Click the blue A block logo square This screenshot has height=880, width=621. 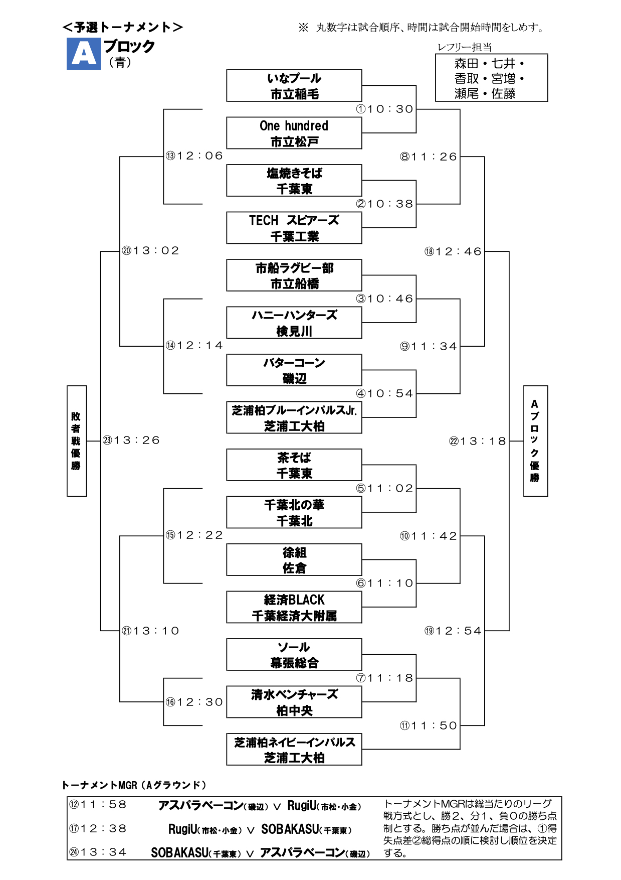[x=83, y=54]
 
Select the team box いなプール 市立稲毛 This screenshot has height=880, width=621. [x=294, y=86]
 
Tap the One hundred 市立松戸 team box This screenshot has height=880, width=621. [x=294, y=133]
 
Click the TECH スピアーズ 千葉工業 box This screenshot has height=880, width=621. [x=294, y=228]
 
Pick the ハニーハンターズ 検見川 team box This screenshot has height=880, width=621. [x=294, y=323]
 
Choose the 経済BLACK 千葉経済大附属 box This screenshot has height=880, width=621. [x=294, y=607]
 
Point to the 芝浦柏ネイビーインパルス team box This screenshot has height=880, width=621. [x=294, y=750]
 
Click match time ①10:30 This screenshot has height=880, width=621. [x=385, y=109]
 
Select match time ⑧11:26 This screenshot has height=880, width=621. [x=429, y=157]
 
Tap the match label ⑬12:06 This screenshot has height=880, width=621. [x=194, y=156]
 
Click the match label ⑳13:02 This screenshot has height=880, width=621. [x=150, y=251]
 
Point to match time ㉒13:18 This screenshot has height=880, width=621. [x=478, y=441]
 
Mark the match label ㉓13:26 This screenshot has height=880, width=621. [x=131, y=441]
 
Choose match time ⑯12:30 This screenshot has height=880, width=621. [x=194, y=702]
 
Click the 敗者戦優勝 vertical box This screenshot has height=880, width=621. [x=76, y=441]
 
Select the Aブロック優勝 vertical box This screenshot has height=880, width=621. [x=535, y=441]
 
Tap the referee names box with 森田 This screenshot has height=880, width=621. [x=491, y=78]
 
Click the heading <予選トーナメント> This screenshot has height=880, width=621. [x=123, y=27]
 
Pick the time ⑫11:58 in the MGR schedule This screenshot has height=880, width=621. [x=98, y=805]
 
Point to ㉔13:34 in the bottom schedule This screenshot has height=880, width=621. [x=98, y=852]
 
